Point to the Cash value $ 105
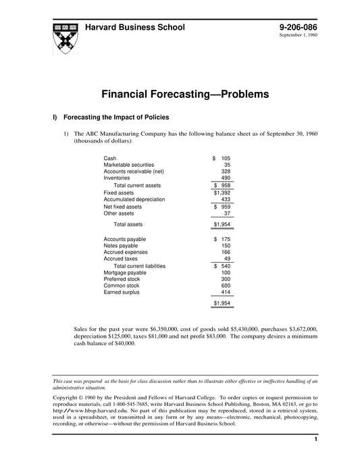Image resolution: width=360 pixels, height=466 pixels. (x=222, y=158)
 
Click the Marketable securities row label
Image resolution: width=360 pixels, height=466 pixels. (x=128, y=165)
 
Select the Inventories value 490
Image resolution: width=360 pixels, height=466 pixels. (x=226, y=178)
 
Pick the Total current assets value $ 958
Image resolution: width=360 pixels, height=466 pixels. (x=222, y=186)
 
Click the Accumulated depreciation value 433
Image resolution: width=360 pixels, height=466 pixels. (x=226, y=200)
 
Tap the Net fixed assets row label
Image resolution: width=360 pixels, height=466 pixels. (x=122, y=207)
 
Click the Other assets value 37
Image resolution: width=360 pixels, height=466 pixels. (x=227, y=213)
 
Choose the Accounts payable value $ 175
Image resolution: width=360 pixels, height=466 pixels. (x=222, y=239)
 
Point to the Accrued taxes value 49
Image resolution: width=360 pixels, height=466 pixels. (x=227, y=259)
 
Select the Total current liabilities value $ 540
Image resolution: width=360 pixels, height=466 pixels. (x=222, y=266)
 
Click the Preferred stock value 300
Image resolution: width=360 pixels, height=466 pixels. (x=226, y=279)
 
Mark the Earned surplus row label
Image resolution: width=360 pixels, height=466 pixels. (x=122, y=292)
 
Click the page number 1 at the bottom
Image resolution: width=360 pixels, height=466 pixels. (x=315, y=440)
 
